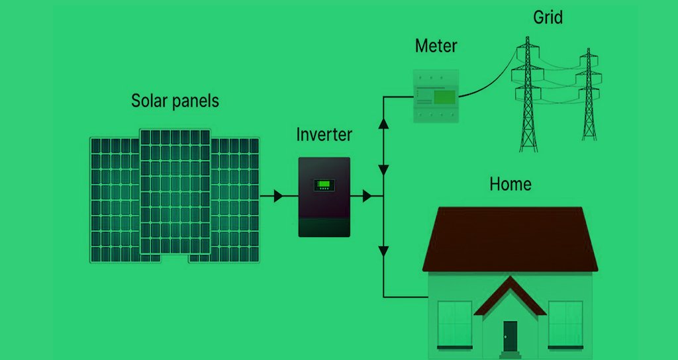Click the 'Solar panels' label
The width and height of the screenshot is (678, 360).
pos(175,101)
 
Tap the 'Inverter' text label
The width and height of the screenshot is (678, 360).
pos(324,135)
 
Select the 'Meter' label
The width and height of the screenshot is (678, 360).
pos(436,46)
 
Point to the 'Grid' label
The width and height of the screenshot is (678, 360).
pos(548,17)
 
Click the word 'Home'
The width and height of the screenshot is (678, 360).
pos(510,183)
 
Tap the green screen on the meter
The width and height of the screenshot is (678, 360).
pos(444,98)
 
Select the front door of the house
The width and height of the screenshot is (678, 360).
pos(510,335)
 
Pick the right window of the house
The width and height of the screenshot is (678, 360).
pos(565,324)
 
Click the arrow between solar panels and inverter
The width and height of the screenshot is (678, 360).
pos(277,197)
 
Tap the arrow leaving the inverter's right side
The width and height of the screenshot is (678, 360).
pos(365,197)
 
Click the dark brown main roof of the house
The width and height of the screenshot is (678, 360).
pos(510,238)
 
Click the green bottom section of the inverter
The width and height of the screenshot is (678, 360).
pos(324,227)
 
